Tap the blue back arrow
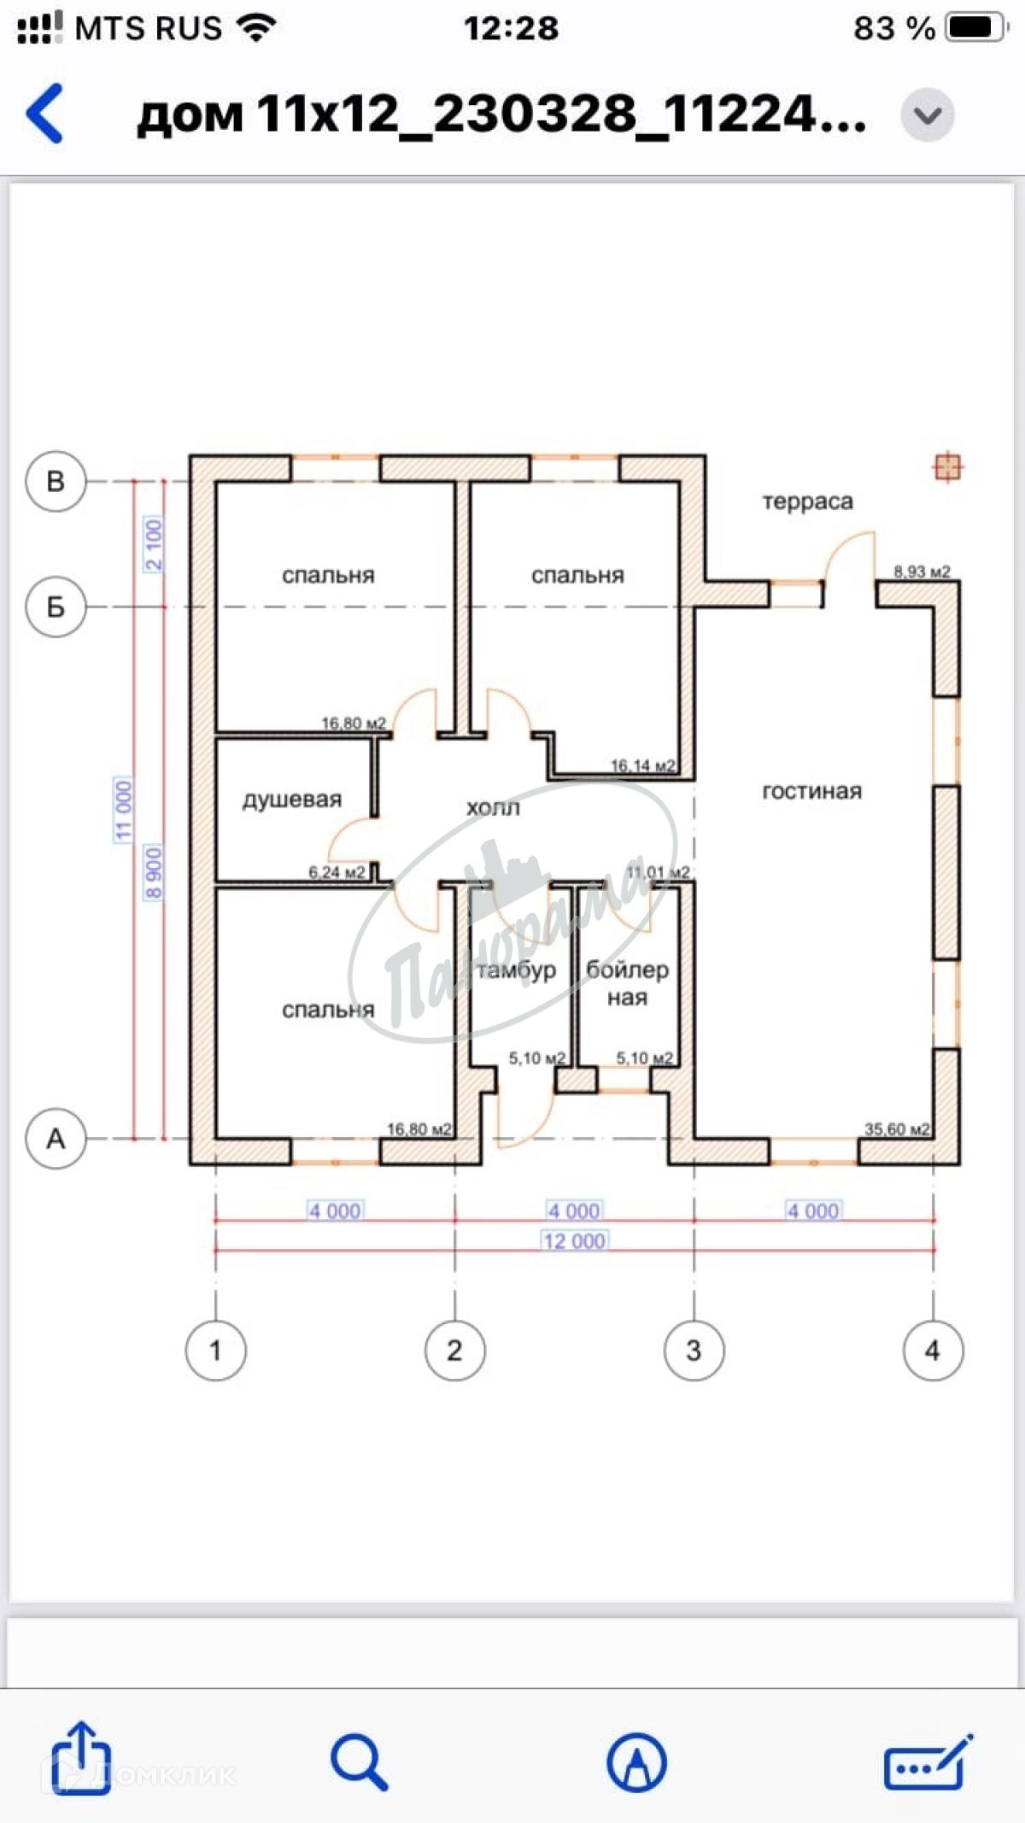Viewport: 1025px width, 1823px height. (45, 113)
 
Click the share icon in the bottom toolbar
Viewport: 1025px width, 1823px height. (80, 1759)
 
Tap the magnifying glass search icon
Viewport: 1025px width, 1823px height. (359, 1761)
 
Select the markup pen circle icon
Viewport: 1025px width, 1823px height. (636, 1761)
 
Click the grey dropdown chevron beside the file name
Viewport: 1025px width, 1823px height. (928, 114)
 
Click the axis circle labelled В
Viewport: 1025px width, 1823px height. (56, 481)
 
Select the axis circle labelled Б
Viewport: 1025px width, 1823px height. (56, 607)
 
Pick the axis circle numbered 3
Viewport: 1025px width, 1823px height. (694, 1350)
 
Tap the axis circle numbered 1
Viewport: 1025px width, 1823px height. (215, 1350)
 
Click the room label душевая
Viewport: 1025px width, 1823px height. (292, 800)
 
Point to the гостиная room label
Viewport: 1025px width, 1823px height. (811, 792)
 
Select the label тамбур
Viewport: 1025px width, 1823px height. (517, 970)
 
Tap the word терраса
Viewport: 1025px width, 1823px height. (807, 501)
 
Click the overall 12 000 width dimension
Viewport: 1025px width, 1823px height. (574, 1241)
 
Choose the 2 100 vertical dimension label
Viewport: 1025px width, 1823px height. (153, 544)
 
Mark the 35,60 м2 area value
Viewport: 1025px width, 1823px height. (897, 1129)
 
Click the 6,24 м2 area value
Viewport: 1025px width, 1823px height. (337, 872)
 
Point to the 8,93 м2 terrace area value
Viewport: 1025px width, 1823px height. (922, 572)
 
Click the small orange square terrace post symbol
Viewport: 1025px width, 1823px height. (947, 467)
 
